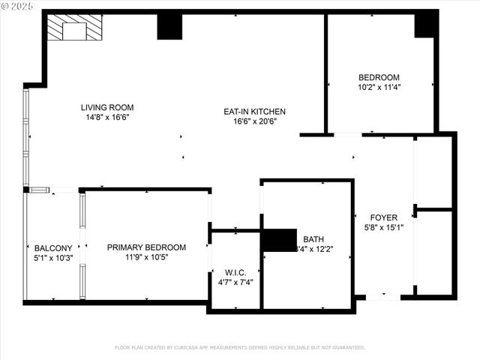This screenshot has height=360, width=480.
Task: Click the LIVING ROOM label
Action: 107,107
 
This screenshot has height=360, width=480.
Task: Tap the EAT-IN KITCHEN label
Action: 254,112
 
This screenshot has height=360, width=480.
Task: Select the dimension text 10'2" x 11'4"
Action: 379,87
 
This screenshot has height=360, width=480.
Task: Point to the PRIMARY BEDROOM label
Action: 146,247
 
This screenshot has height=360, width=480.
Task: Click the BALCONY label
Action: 53,248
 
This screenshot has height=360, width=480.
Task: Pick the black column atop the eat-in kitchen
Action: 169,27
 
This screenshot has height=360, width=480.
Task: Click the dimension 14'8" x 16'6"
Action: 107,117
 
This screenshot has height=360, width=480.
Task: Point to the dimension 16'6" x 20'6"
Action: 254,121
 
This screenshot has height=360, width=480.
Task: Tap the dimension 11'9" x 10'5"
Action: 146,257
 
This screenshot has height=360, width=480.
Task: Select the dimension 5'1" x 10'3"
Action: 53,258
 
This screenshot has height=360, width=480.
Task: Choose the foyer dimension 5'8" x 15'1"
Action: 383,228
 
